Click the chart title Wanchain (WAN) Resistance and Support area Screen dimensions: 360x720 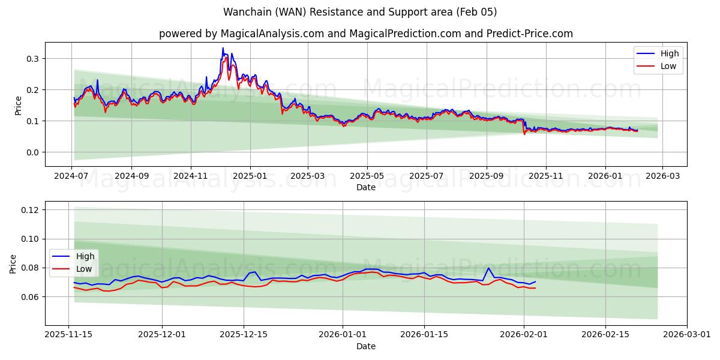tap(360, 12)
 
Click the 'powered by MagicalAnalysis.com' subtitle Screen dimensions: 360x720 tap(366, 34)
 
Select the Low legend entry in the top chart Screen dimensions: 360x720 tap(668, 66)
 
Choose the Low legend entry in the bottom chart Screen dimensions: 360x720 tap(83, 269)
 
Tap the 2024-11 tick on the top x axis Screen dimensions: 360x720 tap(191, 176)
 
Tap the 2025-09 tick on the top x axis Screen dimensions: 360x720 tap(486, 176)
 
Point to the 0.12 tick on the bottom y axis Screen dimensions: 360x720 tap(30, 210)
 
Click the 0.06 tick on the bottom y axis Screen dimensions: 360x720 tap(30, 297)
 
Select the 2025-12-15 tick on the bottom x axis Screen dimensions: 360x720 tap(244, 335)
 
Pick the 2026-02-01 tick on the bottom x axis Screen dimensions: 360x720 tap(524, 335)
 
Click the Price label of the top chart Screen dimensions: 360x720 tap(18, 104)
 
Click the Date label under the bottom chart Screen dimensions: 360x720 tap(366, 346)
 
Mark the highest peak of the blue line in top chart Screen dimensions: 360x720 tap(223, 48)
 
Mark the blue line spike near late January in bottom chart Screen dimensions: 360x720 tap(488, 268)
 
